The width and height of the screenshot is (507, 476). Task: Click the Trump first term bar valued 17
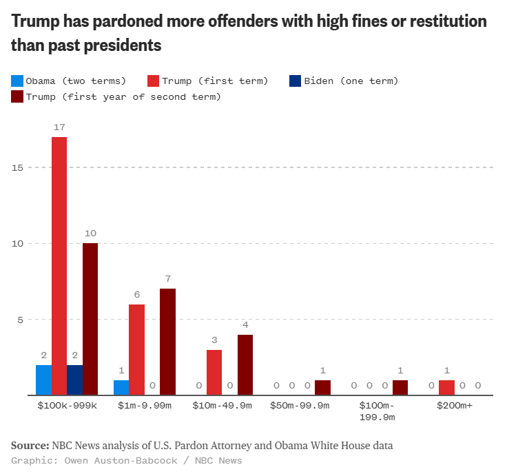pos(59,266)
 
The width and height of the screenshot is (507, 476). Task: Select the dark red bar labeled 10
pos(90,319)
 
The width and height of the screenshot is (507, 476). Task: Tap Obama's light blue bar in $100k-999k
pos(43,380)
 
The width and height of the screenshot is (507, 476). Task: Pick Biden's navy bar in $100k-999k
pos(74,380)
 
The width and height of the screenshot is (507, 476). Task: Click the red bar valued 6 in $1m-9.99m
pos(136,349)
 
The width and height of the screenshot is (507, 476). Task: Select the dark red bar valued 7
pos(167,342)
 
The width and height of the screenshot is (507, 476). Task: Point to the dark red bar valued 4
pos(245,364)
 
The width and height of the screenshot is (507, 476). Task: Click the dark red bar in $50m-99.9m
pos(322,387)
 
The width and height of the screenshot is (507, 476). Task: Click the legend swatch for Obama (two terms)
pos(17,81)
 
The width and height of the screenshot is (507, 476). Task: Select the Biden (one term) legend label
pos(351,81)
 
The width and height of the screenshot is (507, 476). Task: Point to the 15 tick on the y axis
pos(17,167)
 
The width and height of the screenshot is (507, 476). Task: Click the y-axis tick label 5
pos(20,320)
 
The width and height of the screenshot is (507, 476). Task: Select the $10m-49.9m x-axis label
pos(222,406)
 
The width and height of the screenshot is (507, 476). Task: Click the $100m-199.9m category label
pos(377,411)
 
